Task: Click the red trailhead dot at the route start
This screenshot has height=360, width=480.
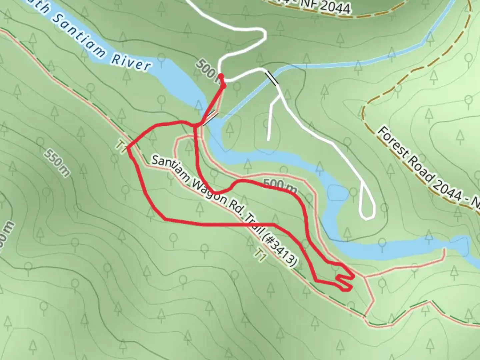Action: click(x=221, y=76)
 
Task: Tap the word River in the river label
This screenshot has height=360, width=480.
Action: click(x=131, y=62)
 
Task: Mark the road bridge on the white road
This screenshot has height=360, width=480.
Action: click(x=272, y=78)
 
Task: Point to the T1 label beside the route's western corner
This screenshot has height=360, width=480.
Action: click(x=121, y=147)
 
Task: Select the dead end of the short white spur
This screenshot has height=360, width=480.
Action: click(x=269, y=139)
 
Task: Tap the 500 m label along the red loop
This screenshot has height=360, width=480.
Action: click(x=280, y=186)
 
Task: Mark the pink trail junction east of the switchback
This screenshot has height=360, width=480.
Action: click(x=365, y=277)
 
